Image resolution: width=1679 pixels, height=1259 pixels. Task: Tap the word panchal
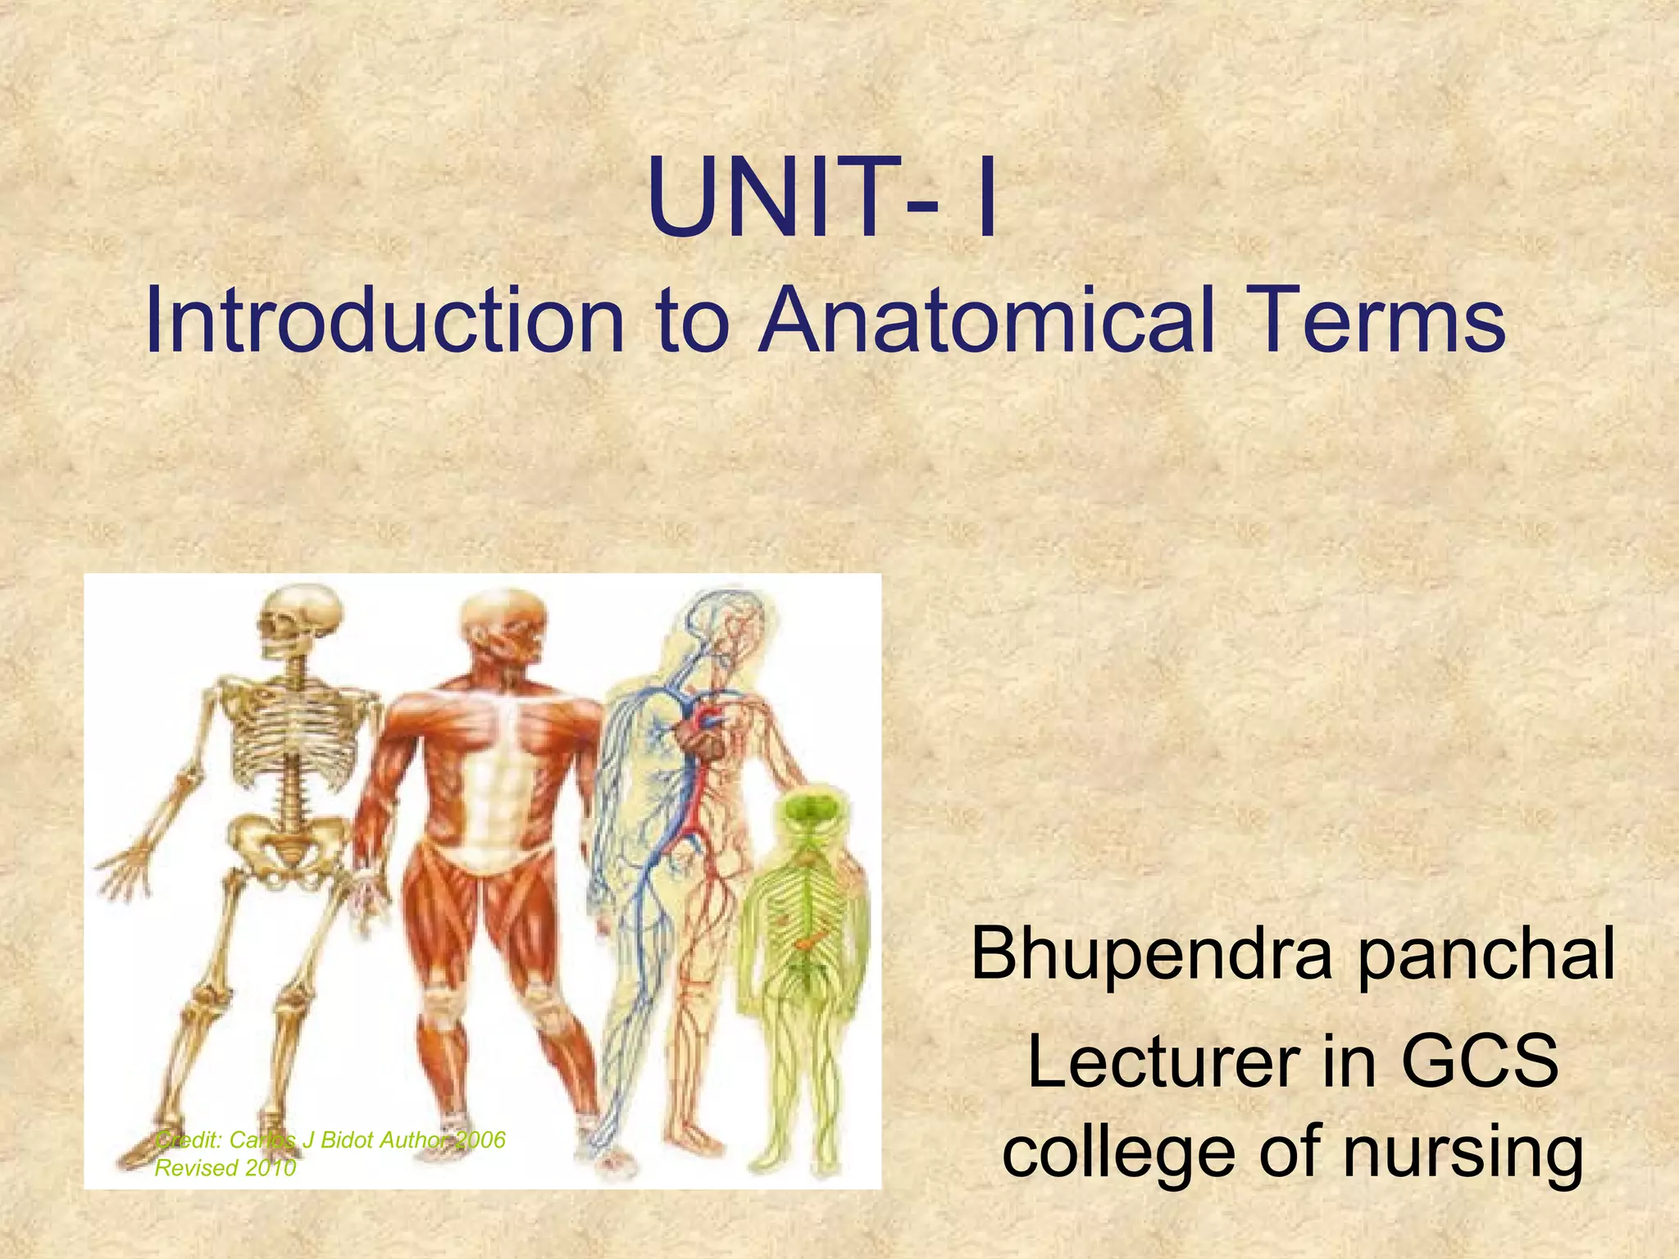click(1486, 956)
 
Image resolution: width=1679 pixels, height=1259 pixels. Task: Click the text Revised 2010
click(225, 1168)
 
